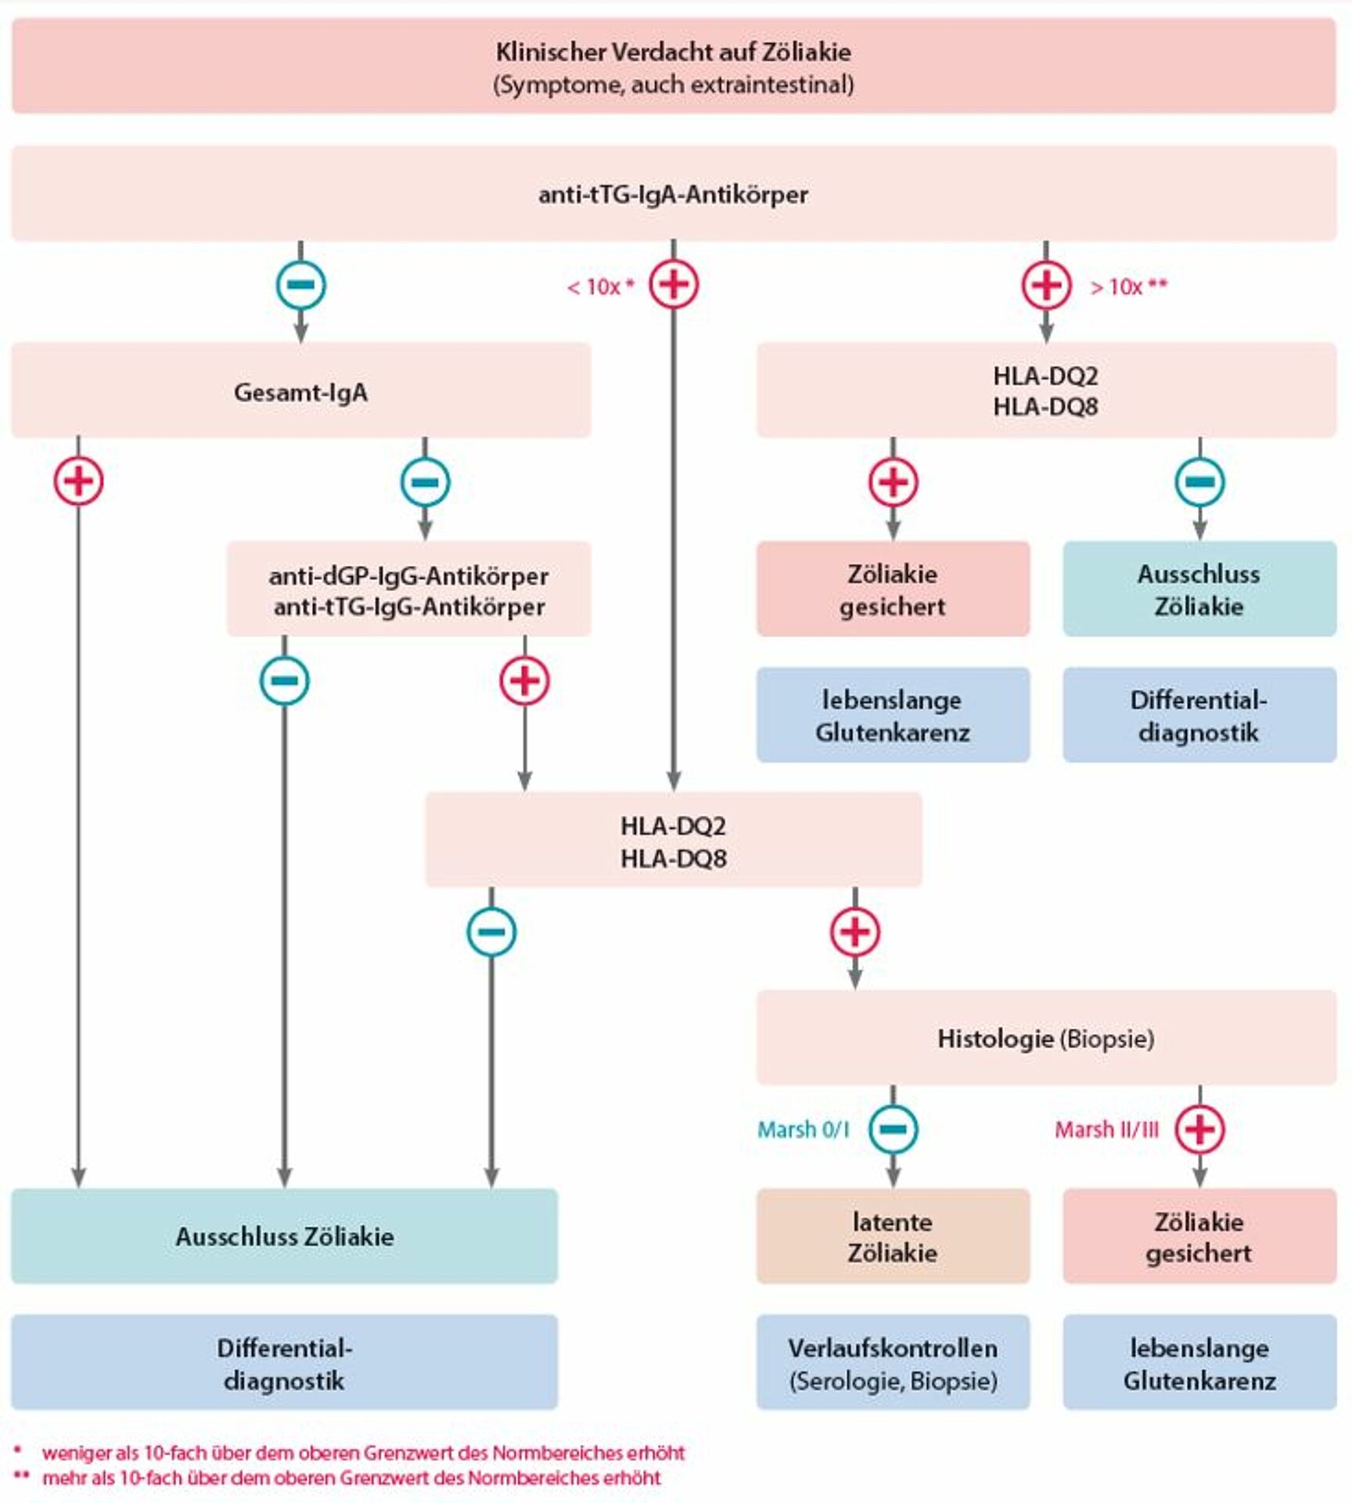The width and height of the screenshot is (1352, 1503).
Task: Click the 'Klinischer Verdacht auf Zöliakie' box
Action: point(674,66)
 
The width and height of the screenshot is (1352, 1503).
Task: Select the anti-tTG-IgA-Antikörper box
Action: point(674,193)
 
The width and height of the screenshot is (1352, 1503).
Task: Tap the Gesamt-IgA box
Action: point(301,390)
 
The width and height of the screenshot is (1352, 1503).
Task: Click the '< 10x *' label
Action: point(600,287)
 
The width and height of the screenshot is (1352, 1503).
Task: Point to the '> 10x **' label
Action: point(1129,287)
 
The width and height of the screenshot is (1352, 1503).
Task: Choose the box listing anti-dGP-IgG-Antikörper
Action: point(408,589)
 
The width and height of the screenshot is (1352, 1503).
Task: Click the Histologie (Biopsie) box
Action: point(1046,1038)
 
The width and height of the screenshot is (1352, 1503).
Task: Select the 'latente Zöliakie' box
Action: point(893,1236)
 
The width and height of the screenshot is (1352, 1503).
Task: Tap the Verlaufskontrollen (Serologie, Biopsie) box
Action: point(893,1363)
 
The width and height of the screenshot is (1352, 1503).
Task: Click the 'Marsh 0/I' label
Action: point(804,1130)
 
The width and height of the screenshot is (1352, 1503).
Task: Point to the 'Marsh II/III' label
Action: point(1106,1130)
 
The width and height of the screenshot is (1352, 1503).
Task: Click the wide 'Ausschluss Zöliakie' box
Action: point(284,1236)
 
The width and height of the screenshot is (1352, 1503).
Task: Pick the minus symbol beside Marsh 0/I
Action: point(894,1129)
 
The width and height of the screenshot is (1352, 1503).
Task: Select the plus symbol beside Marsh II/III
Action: point(1200,1129)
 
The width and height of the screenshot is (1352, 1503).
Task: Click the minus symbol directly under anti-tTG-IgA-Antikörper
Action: point(301,284)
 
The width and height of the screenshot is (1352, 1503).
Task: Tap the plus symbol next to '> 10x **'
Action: point(1046,284)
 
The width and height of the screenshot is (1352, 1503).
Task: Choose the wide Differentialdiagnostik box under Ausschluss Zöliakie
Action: point(284,1363)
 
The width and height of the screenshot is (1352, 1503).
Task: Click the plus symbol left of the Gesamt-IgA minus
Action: point(78,481)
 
